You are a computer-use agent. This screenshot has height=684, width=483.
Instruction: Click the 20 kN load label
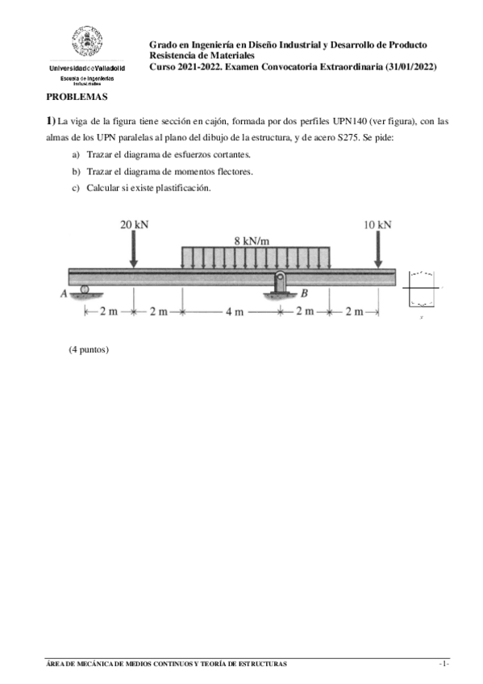click(x=134, y=225)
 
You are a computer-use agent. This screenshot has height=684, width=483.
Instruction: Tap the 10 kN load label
click(x=377, y=225)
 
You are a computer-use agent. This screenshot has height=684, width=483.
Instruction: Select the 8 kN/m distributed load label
click(x=252, y=240)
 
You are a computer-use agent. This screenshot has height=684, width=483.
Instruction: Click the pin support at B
click(x=279, y=285)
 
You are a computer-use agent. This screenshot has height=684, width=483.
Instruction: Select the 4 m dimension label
click(x=234, y=312)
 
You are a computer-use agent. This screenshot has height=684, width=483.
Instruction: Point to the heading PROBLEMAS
click(x=77, y=96)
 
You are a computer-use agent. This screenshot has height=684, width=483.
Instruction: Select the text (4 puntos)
click(x=89, y=349)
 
